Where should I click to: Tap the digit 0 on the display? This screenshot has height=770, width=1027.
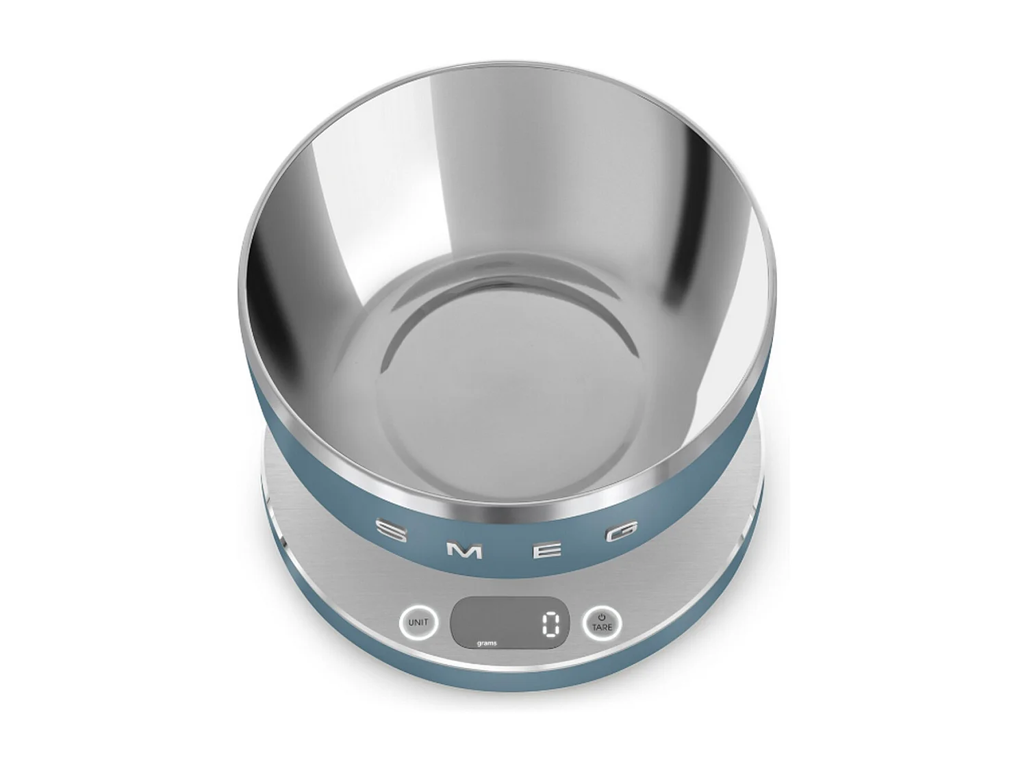tap(551, 624)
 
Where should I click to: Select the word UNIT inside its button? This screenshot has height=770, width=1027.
tap(418, 623)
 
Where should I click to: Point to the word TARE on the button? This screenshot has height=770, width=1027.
tap(603, 627)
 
